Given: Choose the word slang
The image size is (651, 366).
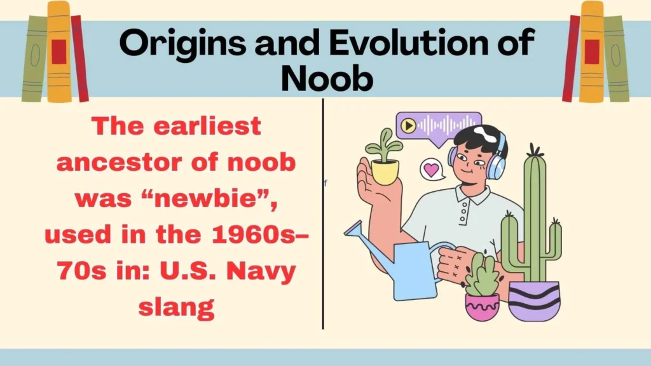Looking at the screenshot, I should pos(176,308).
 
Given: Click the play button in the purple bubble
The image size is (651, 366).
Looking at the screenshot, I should pos(409,125).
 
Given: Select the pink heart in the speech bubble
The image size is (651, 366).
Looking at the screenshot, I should pos(432,170).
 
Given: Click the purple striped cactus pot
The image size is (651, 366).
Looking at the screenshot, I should pos(533,302).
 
